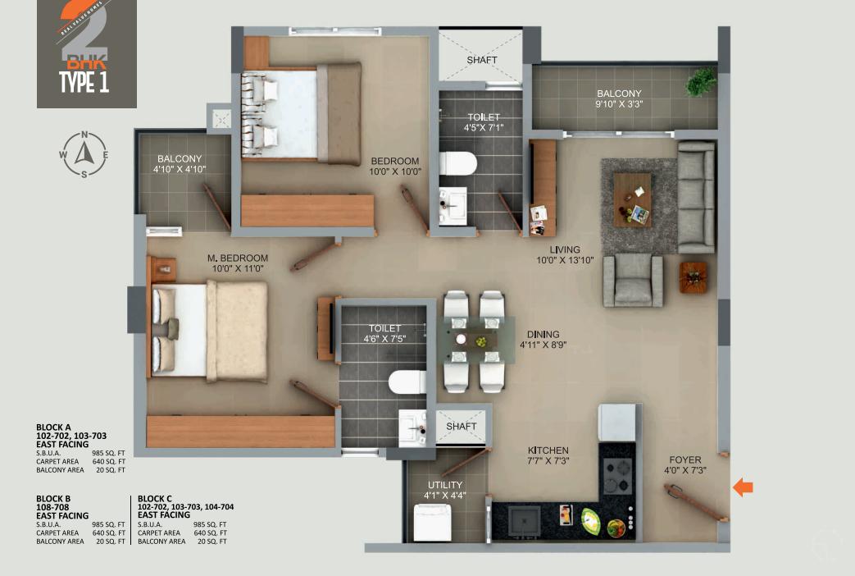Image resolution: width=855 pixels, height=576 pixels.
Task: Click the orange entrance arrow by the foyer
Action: pyautogui.click(x=743, y=487)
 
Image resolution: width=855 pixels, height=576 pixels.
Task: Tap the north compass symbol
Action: pyautogui.click(x=84, y=154)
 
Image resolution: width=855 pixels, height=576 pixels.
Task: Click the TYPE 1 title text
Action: pyautogui.click(x=84, y=82)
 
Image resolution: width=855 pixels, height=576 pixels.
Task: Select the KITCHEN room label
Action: pyautogui.click(x=548, y=450)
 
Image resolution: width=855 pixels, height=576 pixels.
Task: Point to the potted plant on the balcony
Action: pyautogui.click(x=702, y=81)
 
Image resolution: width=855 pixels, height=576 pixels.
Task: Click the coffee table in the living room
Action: pyautogui.click(x=632, y=199)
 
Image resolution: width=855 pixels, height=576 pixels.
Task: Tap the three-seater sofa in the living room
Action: pyautogui.click(x=696, y=197)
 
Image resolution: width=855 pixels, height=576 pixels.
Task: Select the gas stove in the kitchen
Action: pyautogui.click(x=616, y=475)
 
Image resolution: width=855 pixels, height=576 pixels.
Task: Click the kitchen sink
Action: pyautogui.click(x=523, y=519)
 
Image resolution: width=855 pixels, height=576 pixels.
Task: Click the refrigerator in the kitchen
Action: pyautogui.click(x=617, y=423)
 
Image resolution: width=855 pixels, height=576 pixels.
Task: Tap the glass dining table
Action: pyautogui.click(x=480, y=340)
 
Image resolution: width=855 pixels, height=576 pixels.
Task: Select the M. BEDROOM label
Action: pyautogui.click(x=237, y=258)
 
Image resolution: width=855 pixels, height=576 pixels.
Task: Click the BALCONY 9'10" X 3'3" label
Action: pyautogui.click(x=619, y=99)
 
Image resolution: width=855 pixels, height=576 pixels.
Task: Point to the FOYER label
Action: pyautogui.click(x=684, y=460)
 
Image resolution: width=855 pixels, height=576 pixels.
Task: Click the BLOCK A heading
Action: pyautogui.click(x=53, y=427)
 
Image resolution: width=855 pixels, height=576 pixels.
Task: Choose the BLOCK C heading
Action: pyautogui.click(x=155, y=498)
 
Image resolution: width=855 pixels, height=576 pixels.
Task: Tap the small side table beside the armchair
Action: pyautogui.click(x=692, y=277)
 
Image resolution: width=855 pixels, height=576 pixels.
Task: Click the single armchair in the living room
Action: pyautogui.click(x=633, y=280)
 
